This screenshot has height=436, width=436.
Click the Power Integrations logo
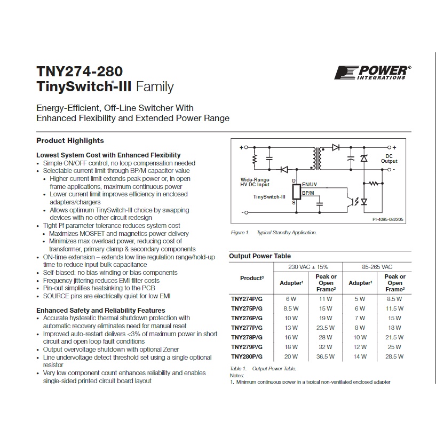pos(372,73)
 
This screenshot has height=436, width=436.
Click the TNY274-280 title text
pos(80,72)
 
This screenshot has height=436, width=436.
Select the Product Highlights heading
pos(70,141)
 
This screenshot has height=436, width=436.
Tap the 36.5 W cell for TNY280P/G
pos(326,356)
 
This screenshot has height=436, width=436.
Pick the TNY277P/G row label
pos(247,328)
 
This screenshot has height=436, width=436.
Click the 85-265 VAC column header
pos(377,267)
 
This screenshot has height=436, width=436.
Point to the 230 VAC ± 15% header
pos(308,267)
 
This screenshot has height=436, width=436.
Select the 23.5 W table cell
pos(326,328)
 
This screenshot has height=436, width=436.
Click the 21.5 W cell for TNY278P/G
pos(394,337)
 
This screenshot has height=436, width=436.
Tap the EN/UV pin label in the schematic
pos(310,184)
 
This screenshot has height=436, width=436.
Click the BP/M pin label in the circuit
pos(308,193)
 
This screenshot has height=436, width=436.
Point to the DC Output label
pos(389,158)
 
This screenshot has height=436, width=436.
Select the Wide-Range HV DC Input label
pos(255,182)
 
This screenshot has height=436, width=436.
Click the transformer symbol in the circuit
pos(317,158)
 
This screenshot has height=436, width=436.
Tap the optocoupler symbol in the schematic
pos(352,201)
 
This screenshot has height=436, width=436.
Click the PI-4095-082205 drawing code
pos(388,219)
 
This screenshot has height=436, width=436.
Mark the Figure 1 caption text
pos(274,233)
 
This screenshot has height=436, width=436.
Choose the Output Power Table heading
pos(260,256)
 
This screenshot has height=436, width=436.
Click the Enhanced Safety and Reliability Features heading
pos(101,310)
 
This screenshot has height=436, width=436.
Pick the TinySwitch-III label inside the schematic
pos(269,197)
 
